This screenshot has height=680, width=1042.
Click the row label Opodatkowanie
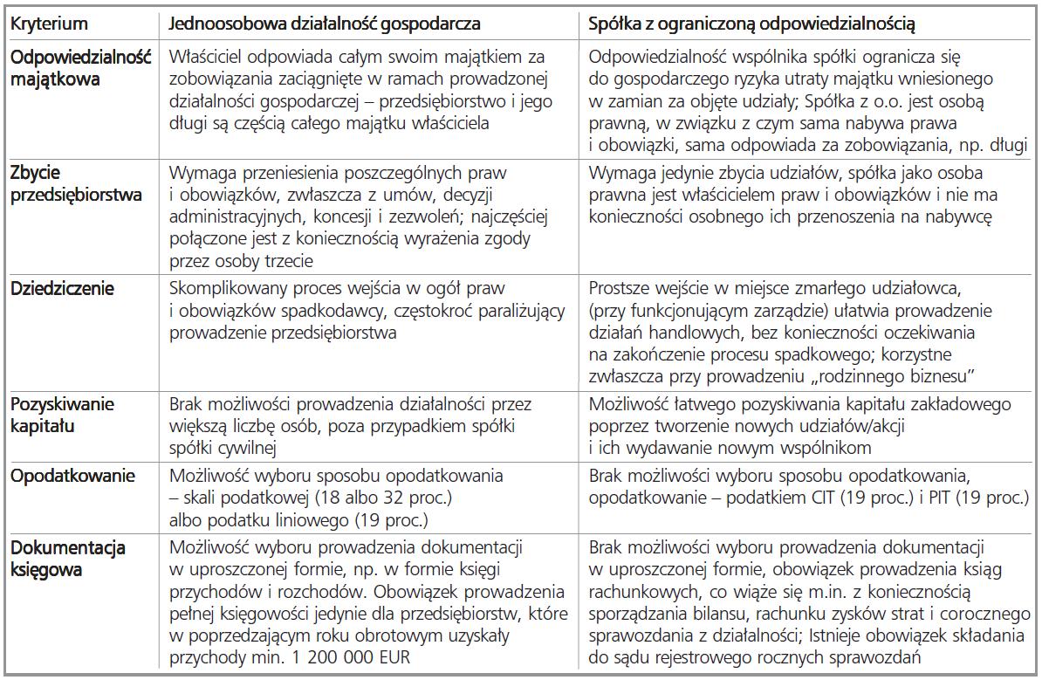[60, 477]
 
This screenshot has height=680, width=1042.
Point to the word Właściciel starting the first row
[210, 58]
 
